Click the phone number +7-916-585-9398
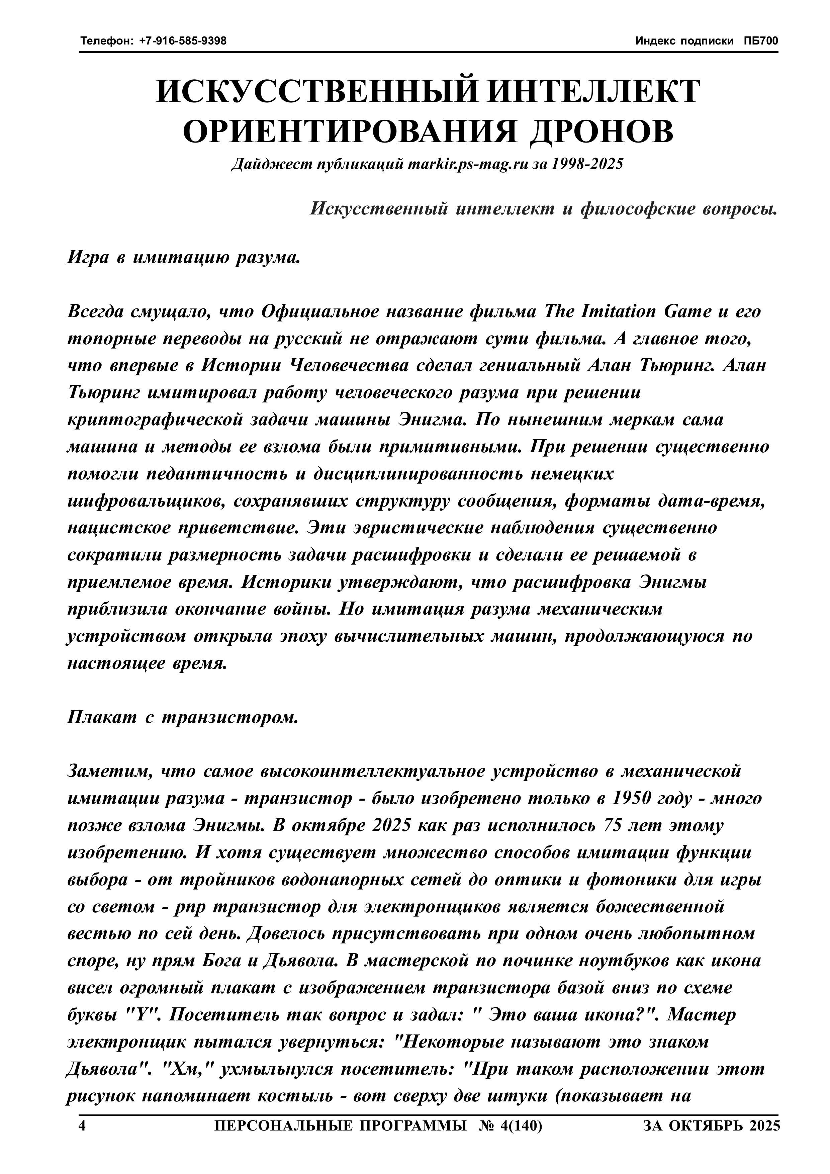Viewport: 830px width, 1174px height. (x=183, y=41)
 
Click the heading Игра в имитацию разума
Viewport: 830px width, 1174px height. (x=183, y=257)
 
